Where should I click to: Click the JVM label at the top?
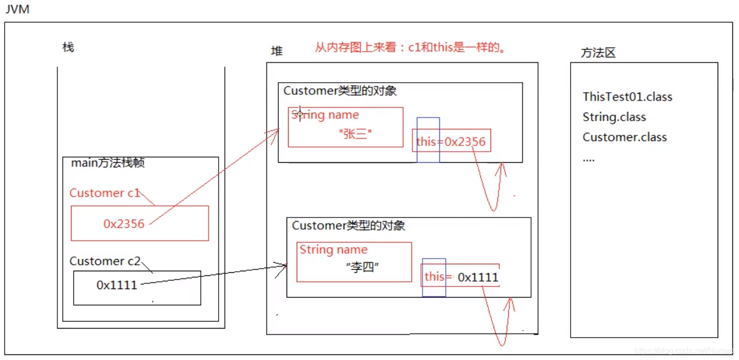click(17, 10)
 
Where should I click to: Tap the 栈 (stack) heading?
click(68, 48)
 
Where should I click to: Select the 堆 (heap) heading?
click(277, 51)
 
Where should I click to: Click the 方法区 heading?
click(598, 53)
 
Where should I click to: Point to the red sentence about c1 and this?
click(411, 48)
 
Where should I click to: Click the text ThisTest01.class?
click(627, 97)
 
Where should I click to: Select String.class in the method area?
click(614, 117)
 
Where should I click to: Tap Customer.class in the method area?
click(624, 137)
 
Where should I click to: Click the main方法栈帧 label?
click(109, 163)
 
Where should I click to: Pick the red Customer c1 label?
click(104, 193)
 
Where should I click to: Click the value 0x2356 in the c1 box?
click(124, 224)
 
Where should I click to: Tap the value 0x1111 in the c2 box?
click(117, 285)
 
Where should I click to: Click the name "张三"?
click(355, 134)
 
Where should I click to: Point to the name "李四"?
click(362, 268)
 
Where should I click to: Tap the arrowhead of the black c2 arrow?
click(284, 266)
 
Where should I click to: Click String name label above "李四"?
click(333, 249)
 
